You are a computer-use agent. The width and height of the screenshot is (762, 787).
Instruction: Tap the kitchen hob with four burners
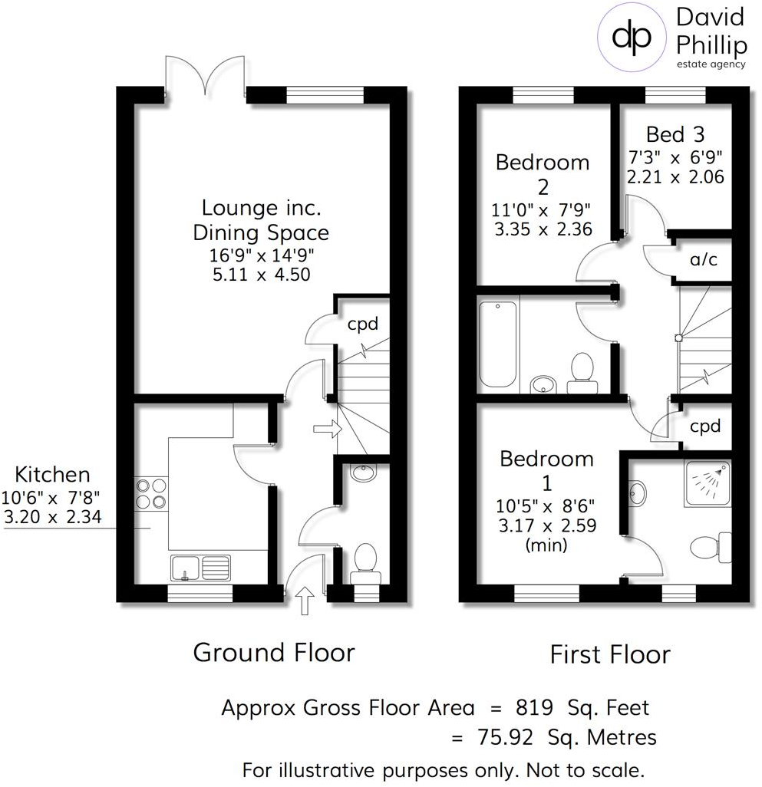pos(150,492)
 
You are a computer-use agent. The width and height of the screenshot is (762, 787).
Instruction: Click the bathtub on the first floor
pos(497,344)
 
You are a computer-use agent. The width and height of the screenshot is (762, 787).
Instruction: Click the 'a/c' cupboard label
pos(703,260)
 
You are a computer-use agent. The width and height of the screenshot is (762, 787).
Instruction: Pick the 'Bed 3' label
pos(675,135)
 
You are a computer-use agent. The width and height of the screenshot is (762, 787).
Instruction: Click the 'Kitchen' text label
pos(53,474)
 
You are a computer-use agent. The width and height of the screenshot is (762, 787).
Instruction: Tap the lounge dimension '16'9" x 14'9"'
pos(261,254)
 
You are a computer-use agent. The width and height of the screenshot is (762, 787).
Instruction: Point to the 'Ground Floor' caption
pos(273,653)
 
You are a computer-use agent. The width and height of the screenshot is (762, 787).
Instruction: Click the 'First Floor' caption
pos(610,654)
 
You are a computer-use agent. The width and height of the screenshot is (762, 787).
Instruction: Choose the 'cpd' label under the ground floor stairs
pos(363,324)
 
